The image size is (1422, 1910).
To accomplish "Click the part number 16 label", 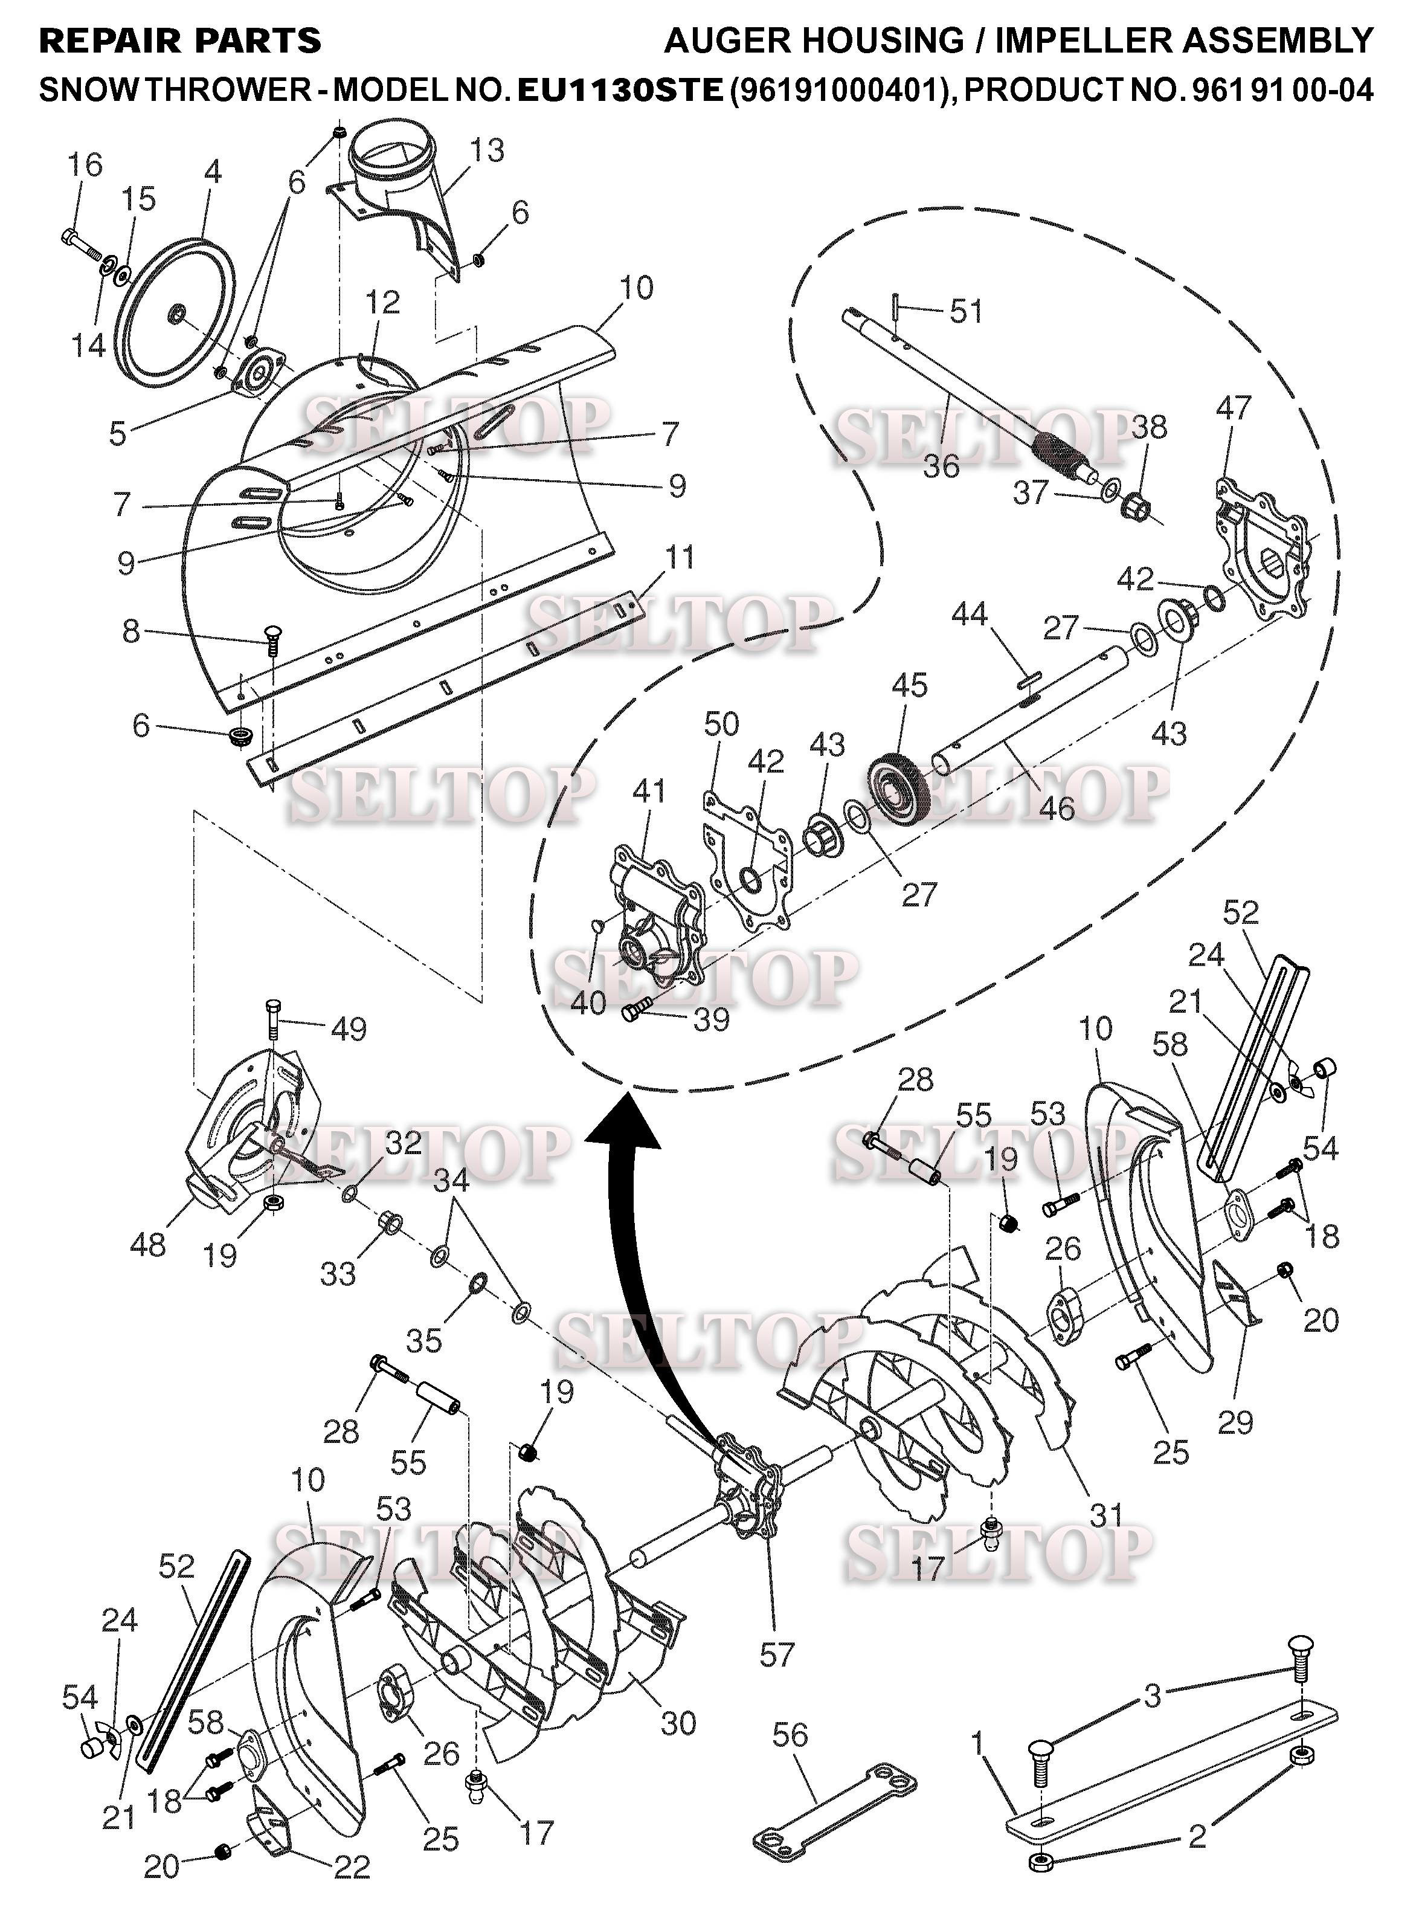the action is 85,164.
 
